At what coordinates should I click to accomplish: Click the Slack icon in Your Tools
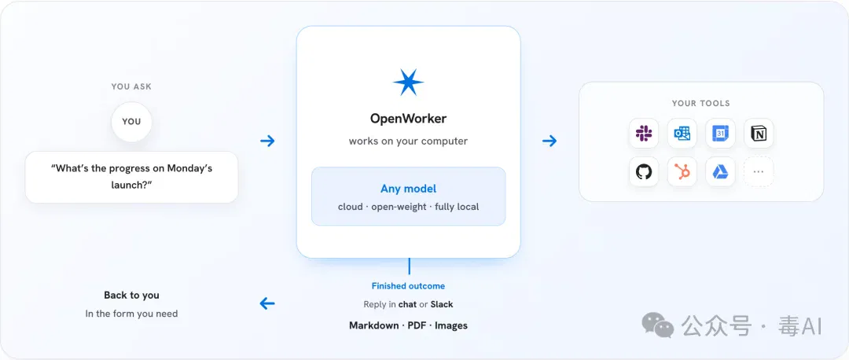click(x=644, y=133)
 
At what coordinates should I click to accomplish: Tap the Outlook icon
click(x=682, y=133)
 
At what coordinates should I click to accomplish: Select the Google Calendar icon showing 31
click(x=720, y=133)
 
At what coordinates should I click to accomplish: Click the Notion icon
click(x=759, y=133)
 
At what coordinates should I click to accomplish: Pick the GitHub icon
click(x=644, y=172)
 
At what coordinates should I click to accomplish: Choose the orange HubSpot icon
click(x=682, y=172)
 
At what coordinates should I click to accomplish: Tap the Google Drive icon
click(x=720, y=172)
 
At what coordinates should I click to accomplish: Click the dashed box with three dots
click(x=759, y=172)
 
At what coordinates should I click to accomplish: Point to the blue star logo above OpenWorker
click(x=408, y=83)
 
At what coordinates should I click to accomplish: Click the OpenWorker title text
click(x=408, y=118)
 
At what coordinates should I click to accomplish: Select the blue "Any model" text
click(x=408, y=189)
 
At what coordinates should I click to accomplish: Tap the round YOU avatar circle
click(x=131, y=121)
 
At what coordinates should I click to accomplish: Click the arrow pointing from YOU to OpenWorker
click(x=267, y=141)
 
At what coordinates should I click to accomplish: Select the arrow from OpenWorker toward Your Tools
click(x=549, y=141)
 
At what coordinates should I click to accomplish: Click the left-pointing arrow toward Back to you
click(x=267, y=303)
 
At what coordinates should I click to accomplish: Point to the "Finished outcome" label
click(x=408, y=286)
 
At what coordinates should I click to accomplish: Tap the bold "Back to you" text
click(x=131, y=295)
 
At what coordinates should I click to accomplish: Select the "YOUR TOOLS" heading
click(x=700, y=104)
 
